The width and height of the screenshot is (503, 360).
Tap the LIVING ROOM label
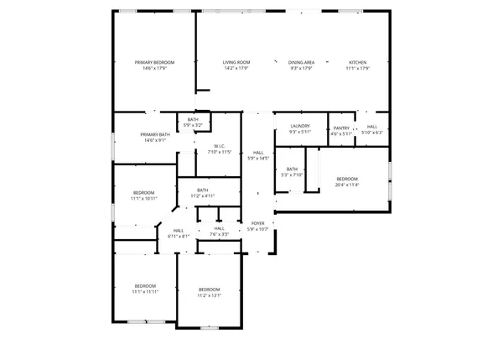pos(236,63)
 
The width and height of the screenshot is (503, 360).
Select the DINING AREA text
pos(301,63)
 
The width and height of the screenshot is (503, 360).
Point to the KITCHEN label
pos(358,63)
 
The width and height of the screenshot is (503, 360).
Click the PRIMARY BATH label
pos(155,135)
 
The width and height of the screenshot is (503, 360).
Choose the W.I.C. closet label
pos(218,147)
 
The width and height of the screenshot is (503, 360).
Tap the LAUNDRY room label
pos(300,126)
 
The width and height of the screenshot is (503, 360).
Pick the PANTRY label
pos(341,128)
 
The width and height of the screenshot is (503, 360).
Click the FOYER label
pos(257,223)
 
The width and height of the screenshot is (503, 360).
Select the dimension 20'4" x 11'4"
pos(347,185)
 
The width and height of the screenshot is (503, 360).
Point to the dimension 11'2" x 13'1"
pos(209,295)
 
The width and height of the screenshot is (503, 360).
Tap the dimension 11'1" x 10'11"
pos(143,198)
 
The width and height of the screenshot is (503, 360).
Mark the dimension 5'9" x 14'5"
pos(257,158)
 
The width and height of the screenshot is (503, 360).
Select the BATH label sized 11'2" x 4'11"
pos(203,190)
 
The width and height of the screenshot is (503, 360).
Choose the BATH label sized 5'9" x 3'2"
pos(193,120)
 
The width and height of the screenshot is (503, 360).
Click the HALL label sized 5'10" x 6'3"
pos(371,127)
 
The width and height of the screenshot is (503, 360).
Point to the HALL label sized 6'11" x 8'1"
pos(179,231)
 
